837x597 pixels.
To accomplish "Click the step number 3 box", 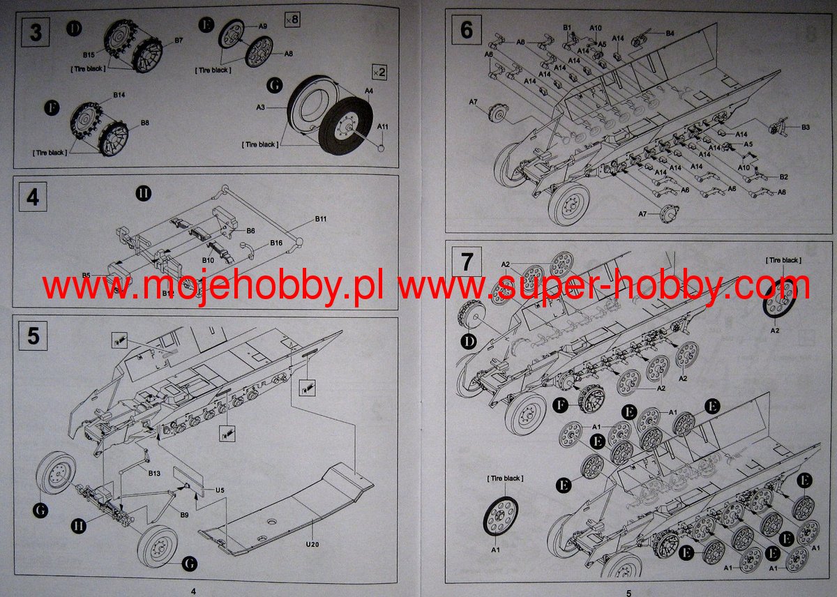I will point(34,33).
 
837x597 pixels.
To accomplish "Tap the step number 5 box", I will point(33,337).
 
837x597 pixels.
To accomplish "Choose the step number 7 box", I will point(467,262).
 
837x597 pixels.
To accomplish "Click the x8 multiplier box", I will point(292,20).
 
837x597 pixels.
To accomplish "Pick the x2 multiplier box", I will point(379,71).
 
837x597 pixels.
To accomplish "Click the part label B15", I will point(89,54).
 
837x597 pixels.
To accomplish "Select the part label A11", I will point(384,127).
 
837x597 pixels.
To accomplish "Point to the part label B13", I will point(154,472).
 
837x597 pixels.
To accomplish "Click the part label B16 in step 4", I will point(276,243).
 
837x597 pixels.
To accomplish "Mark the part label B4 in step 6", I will point(670,33).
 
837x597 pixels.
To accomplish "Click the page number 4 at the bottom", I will point(193,591).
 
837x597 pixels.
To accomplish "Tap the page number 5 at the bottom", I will point(628,592).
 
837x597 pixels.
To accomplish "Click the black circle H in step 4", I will point(143,194).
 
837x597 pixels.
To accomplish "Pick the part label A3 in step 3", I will point(261,107).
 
